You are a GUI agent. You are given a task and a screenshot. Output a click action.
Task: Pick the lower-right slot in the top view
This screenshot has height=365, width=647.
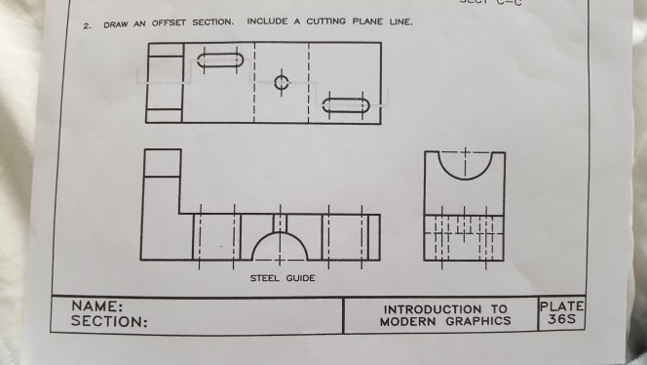pos(346,103)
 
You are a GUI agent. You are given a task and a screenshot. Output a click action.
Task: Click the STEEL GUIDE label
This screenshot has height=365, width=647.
pos(276,278)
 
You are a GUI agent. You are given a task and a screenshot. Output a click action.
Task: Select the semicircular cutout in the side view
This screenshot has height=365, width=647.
pos(466,165)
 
